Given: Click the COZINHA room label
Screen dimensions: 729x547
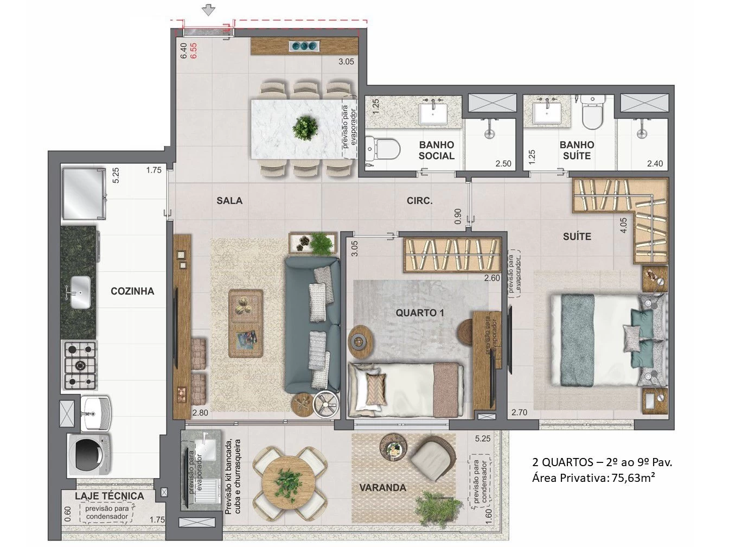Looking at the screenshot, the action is (132, 291).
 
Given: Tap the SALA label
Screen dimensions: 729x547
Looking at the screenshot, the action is (229, 201).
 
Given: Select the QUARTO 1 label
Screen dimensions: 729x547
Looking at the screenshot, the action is (420, 313).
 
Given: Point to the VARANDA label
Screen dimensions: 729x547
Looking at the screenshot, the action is (382, 487).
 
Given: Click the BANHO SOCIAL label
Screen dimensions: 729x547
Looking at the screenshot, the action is (437, 150).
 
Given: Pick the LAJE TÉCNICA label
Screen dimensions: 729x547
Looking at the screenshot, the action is (109, 496).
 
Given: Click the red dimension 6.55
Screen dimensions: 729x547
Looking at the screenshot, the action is (193, 51).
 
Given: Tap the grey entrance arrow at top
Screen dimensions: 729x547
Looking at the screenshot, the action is (209, 10).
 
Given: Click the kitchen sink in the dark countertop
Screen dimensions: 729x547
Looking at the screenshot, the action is (80, 292).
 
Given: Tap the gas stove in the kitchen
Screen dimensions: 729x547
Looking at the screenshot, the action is (80, 365).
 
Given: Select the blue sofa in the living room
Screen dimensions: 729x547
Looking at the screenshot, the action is (312, 325).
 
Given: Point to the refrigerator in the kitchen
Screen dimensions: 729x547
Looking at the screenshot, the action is (84, 193).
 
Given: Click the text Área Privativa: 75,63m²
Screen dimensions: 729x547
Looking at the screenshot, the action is (593, 478).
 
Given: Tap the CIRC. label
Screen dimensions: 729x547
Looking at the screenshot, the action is (419, 201).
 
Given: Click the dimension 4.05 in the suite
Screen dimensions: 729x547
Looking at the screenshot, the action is (623, 225).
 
